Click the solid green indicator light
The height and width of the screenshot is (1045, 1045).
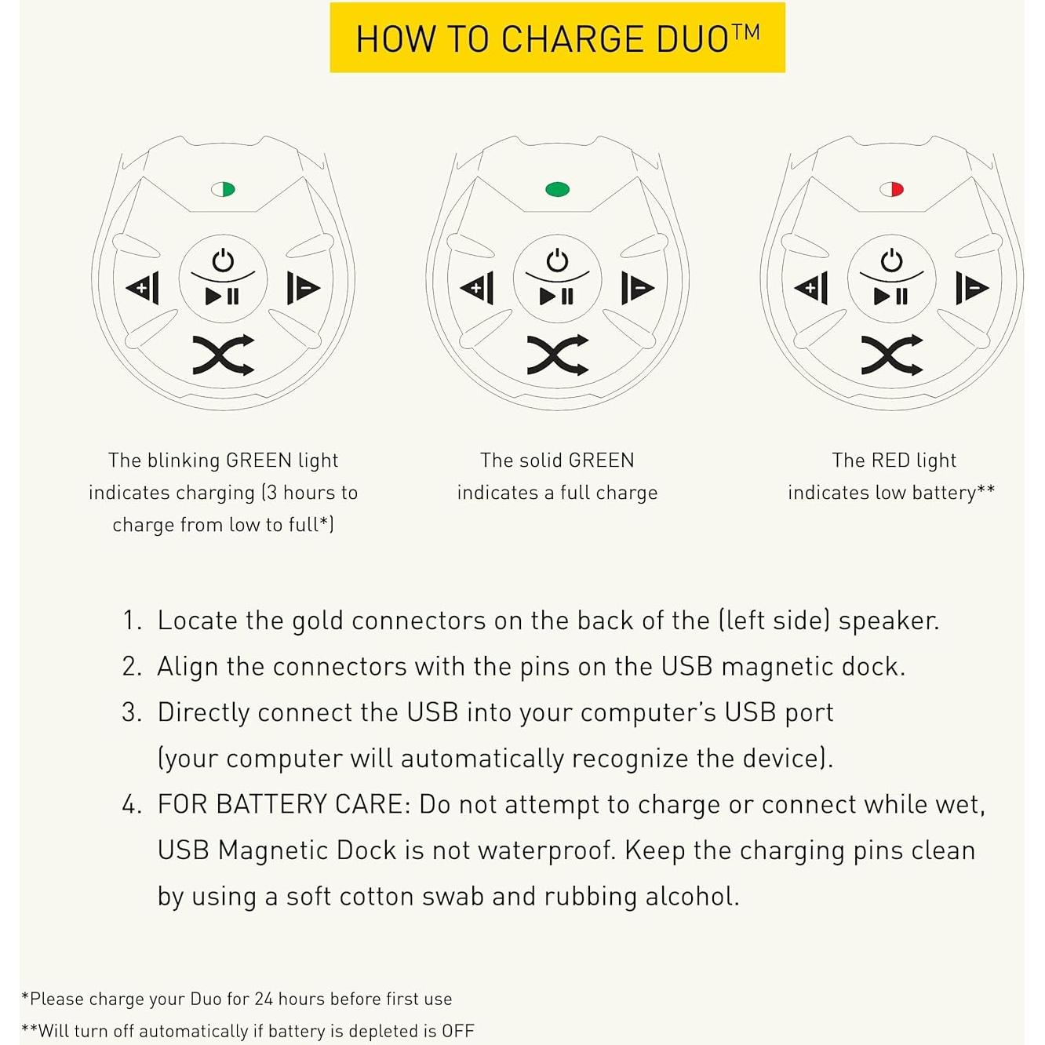coord(557,189)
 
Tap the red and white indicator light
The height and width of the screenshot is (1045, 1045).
coord(891,189)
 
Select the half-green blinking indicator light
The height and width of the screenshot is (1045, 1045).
coord(223,189)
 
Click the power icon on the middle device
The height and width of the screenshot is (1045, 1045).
coord(557,260)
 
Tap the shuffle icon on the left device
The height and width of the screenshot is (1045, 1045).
coord(224,355)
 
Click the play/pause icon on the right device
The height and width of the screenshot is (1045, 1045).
coord(891,297)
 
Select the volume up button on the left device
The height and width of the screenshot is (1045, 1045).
coord(144,288)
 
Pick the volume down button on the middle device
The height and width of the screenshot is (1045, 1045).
coord(637,288)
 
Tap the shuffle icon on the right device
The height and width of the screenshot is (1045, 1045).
coord(892,355)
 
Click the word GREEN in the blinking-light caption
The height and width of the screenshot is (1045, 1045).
coord(259,461)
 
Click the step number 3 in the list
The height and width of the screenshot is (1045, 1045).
coord(130,712)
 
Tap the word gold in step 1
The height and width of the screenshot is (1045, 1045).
coord(318,621)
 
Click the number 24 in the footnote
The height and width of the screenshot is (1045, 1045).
coord(264,999)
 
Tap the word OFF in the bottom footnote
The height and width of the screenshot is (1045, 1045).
coord(457,1032)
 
